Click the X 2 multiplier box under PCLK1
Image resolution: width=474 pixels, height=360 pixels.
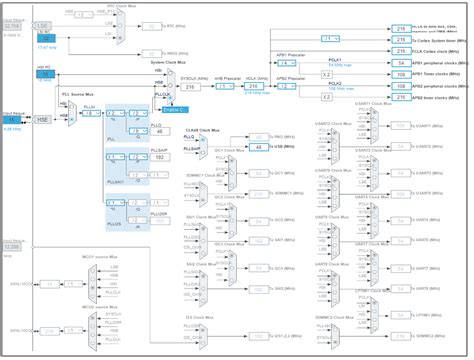(x=325, y=75)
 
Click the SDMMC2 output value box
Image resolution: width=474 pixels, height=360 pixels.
(x=400, y=336)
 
